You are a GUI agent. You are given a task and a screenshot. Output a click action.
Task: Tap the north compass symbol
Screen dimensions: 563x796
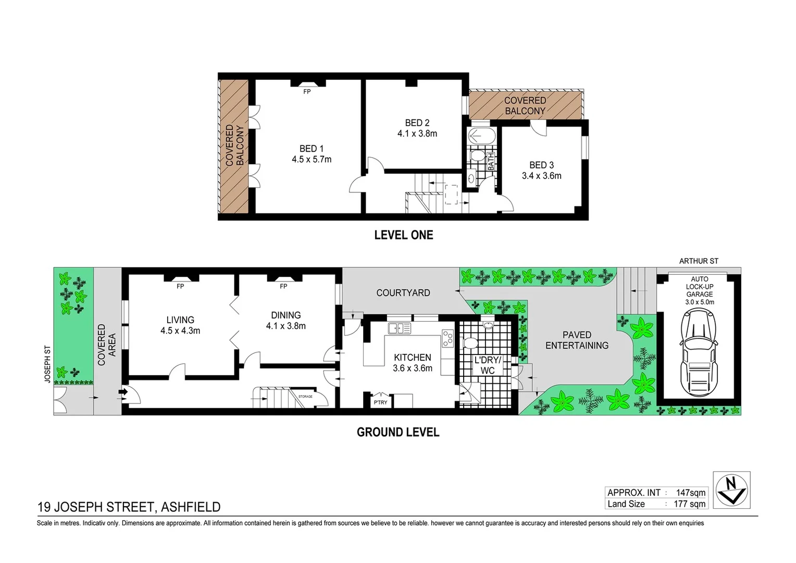[x=731, y=489]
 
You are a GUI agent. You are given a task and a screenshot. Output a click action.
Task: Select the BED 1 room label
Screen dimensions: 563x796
[x=311, y=149]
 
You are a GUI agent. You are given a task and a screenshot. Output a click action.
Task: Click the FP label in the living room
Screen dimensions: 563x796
[x=180, y=286]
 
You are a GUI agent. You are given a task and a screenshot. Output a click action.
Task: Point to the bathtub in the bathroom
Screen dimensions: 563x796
[x=478, y=137]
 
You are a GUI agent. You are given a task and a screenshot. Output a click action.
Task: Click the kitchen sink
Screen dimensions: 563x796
[x=399, y=328]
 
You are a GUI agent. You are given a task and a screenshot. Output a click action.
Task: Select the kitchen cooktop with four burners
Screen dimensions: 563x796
[x=447, y=338]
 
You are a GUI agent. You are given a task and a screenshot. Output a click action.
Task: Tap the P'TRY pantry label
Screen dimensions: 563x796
[x=380, y=402]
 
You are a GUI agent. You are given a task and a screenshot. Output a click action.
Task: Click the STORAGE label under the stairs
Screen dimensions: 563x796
[x=305, y=397]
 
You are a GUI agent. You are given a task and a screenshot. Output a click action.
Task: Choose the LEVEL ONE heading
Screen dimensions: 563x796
[x=403, y=235]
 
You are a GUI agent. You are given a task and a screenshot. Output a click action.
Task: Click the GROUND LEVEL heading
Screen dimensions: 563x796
[x=398, y=432]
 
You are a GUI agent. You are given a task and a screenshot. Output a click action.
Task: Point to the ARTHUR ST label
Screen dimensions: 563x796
[x=698, y=261]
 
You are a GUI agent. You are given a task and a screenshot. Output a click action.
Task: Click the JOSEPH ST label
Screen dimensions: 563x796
[x=47, y=364]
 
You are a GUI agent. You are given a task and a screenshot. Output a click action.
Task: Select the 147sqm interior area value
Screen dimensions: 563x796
[x=690, y=493]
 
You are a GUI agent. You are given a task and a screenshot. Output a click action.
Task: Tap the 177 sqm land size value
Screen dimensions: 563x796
[x=689, y=504]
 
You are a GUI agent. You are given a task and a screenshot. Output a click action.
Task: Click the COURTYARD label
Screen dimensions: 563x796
[x=403, y=293]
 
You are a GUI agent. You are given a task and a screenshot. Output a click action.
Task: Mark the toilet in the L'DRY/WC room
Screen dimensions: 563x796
[x=470, y=342]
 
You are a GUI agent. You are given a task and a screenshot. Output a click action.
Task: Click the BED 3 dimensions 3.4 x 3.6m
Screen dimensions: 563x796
[x=541, y=176]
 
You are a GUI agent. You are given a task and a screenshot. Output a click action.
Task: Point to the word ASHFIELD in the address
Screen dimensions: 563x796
[x=191, y=507]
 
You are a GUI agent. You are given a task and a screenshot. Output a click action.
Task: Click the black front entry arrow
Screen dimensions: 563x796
[x=124, y=392]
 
